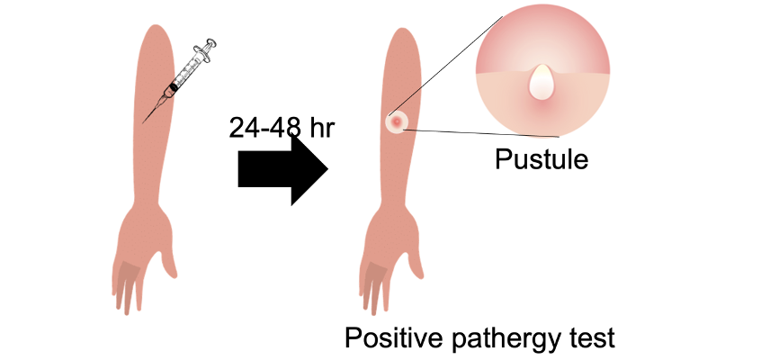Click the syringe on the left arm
(184, 76)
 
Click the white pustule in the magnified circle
(542, 83)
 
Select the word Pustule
(542, 160)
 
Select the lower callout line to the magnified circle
(486, 132)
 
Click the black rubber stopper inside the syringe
(174, 87)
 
